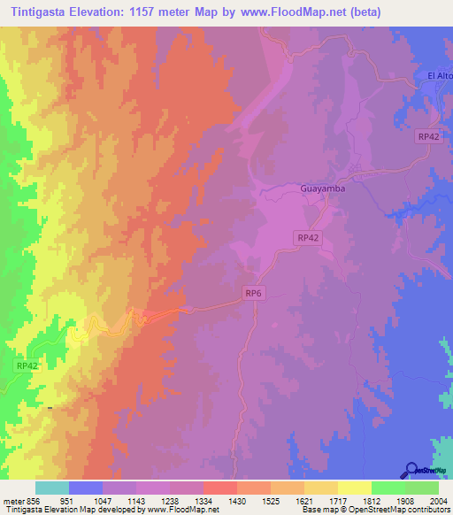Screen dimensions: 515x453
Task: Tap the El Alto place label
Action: [x=439, y=76]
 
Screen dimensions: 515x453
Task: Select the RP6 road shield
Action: [x=255, y=292]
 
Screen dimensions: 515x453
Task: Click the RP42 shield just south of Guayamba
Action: [x=307, y=237]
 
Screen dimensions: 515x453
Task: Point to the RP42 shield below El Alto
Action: [x=428, y=136]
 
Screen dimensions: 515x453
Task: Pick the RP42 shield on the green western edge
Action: [x=27, y=365]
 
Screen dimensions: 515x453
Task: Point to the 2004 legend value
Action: [x=434, y=500]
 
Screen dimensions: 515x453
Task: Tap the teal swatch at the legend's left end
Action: [x=51, y=488]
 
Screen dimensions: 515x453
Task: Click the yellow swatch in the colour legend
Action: [x=353, y=488]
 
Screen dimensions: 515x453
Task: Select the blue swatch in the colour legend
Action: [x=85, y=488]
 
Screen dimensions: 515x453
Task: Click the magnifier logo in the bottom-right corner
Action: [x=411, y=470]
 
